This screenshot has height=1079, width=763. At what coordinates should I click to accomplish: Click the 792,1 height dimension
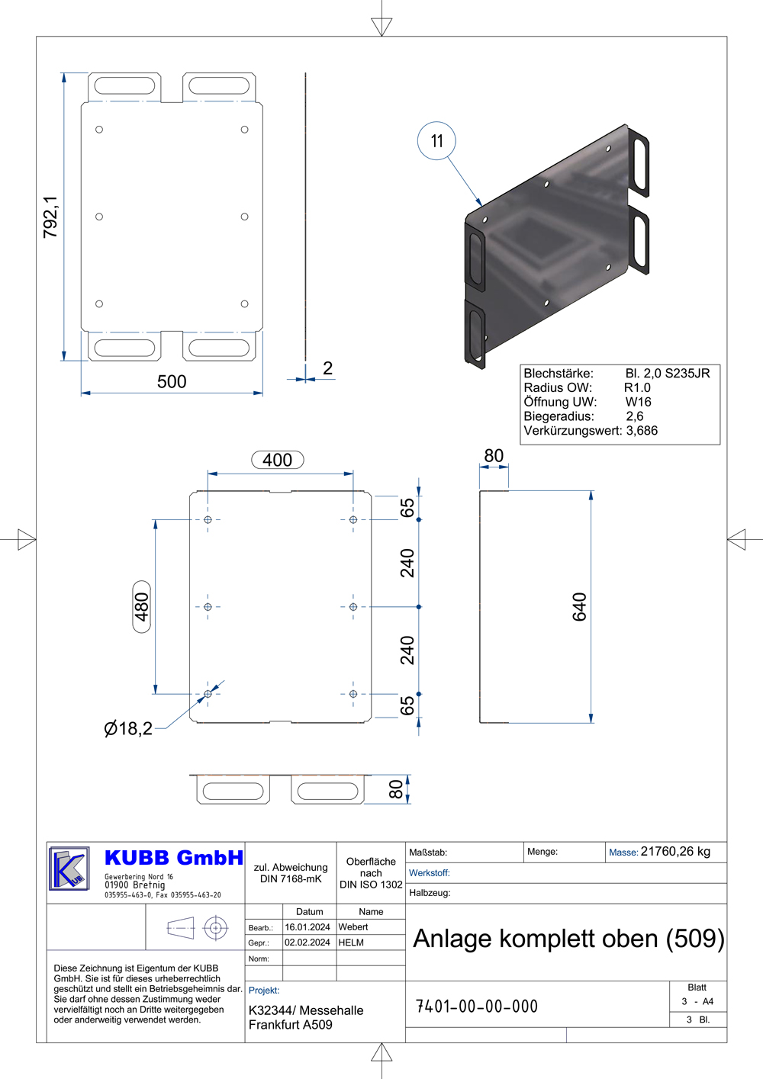pos(50,217)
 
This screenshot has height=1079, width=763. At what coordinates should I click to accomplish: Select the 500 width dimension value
pos(172,381)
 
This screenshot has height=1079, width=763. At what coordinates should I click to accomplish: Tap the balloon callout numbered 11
pos(436,140)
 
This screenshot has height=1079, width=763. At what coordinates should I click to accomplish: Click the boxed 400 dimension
pos(278,460)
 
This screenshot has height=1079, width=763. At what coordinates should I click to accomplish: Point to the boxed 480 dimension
pos(141,607)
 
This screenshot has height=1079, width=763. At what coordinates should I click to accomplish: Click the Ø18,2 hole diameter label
pos(128,728)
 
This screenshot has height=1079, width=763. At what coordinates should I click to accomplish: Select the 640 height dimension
pos(579,607)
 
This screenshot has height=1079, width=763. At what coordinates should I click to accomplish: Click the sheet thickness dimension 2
pos(328,368)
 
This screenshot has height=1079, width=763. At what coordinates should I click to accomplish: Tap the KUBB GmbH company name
pos(174,858)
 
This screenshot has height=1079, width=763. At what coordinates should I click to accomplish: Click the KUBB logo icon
pos(69,869)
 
